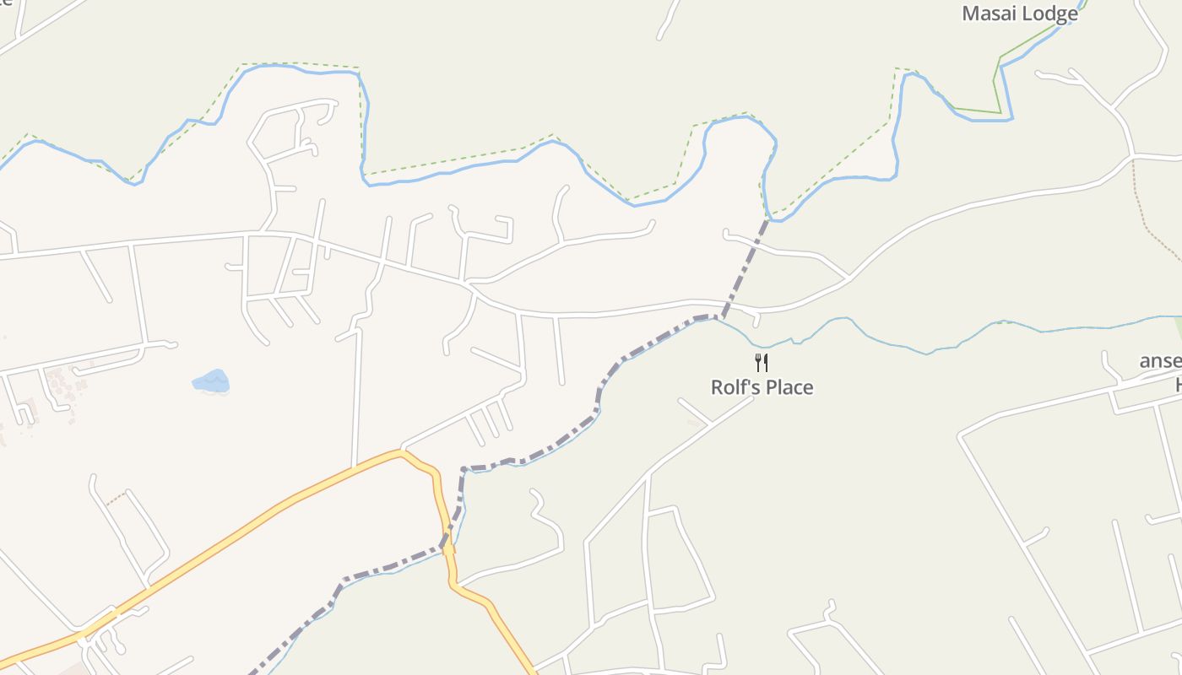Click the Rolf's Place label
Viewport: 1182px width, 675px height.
click(762, 387)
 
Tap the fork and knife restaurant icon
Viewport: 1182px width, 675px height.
click(762, 363)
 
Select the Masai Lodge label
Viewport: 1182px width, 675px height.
click(1020, 13)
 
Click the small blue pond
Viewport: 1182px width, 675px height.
click(211, 381)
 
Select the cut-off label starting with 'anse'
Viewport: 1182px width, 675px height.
click(1160, 361)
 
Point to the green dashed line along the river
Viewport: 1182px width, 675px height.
click(447, 161)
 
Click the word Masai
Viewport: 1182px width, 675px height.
click(989, 13)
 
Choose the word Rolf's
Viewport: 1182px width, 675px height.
click(737, 387)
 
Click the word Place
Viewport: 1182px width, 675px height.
click(789, 387)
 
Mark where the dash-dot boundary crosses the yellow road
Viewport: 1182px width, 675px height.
click(446, 545)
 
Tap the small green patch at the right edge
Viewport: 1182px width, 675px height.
click(1177, 327)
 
